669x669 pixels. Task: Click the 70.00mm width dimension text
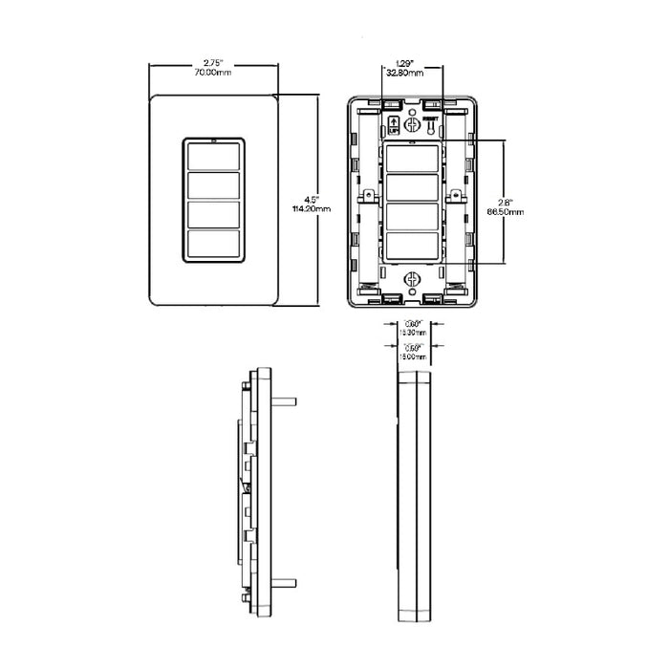[x=214, y=73]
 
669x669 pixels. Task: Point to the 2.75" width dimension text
[x=214, y=62]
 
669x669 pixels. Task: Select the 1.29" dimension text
[x=413, y=62]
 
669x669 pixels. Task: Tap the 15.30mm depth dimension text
[x=413, y=332]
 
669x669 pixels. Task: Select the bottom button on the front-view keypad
[x=214, y=246]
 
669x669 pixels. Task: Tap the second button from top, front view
[x=214, y=186]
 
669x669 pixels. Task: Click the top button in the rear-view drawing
[x=413, y=158]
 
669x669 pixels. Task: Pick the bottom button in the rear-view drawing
[x=413, y=247]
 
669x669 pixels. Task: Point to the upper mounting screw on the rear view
[x=413, y=123]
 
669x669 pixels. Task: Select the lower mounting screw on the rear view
[x=413, y=280]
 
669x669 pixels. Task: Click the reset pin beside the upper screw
[x=431, y=126]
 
